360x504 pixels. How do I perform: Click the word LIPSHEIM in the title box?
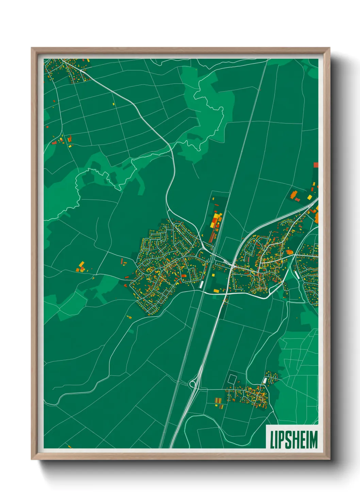[x=294, y=440]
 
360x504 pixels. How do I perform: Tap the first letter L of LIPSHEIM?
[x=272, y=440]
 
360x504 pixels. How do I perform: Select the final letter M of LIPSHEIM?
[x=313, y=440]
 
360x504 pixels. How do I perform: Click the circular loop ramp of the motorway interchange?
[x=192, y=384]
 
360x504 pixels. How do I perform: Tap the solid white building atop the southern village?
[x=265, y=380]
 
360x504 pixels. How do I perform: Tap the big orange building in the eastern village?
[x=289, y=252]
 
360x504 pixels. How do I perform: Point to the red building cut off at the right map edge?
[x=315, y=165]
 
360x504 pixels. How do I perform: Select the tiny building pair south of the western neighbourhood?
[x=129, y=317]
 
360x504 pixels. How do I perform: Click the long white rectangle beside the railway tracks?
[x=201, y=284]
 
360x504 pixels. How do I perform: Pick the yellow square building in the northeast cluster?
[x=309, y=197]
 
